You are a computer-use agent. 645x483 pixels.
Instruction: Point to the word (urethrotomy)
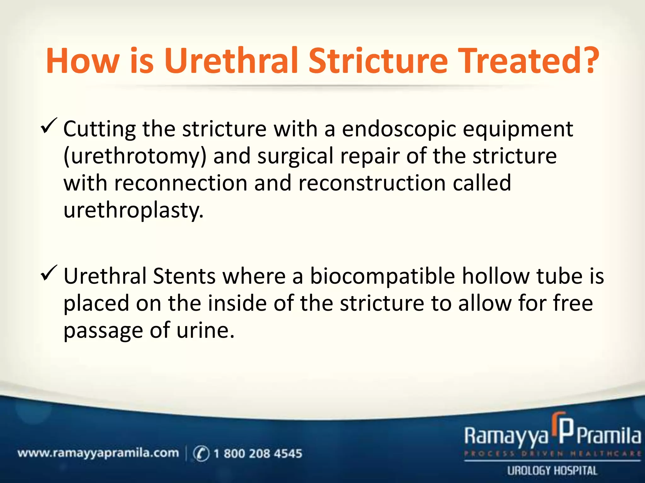click(135, 157)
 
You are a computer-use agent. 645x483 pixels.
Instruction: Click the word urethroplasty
click(134, 210)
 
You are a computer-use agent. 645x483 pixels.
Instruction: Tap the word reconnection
click(181, 183)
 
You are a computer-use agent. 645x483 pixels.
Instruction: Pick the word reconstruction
click(372, 183)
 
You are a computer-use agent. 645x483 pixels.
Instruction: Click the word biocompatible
click(382, 276)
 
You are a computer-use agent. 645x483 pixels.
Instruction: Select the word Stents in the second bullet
click(184, 276)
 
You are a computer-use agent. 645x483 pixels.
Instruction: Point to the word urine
click(205, 330)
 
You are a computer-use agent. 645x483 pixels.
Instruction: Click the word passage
click(103, 331)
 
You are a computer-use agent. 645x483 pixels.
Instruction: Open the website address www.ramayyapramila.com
click(98, 453)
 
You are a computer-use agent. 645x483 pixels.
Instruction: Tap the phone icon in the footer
click(201, 453)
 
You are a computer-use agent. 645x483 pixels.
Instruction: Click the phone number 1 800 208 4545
click(258, 453)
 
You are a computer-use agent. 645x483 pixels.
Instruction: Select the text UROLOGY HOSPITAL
click(552, 471)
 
